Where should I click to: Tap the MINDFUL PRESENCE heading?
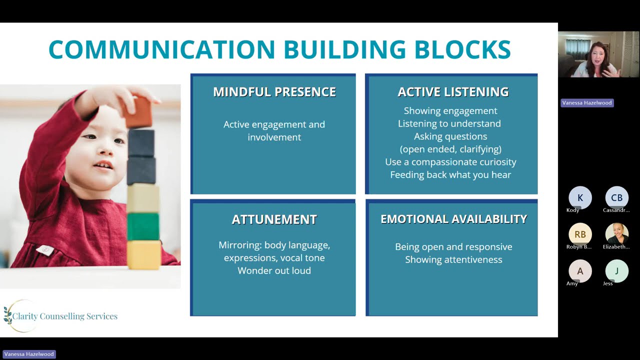(x=274, y=92)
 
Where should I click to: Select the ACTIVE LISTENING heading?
(x=453, y=92)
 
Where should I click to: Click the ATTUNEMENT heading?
(x=274, y=219)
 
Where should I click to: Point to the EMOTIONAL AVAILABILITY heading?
(x=453, y=219)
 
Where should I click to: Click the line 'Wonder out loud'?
(x=274, y=270)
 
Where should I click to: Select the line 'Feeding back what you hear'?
(x=450, y=174)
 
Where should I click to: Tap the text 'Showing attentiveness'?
(x=453, y=259)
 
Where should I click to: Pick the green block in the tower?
(x=143, y=226)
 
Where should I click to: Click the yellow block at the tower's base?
(x=143, y=254)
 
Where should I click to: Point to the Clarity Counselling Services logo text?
(x=65, y=316)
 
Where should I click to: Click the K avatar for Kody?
(x=580, y=197)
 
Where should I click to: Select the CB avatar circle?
(x=616, y=197)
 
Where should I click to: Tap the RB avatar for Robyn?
(x=580, y=234)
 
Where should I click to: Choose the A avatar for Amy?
(x=580, y=271)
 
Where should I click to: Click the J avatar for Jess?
(x=616, y=271)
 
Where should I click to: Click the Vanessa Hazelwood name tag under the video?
(x=586, y=102)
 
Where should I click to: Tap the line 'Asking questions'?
(x=450, y=136)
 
